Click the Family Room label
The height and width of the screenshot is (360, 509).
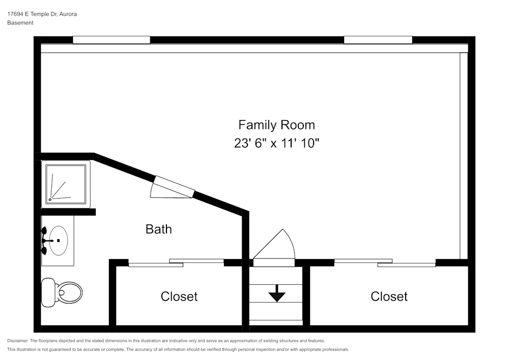pos(276,125)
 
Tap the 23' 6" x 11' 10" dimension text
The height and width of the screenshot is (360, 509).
pos(276,143)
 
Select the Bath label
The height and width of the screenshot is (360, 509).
pos(159,229)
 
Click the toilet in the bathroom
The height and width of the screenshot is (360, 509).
pos(62,292)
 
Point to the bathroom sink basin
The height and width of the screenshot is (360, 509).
pos(59,240)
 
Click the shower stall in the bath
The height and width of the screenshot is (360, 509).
pos(66,184)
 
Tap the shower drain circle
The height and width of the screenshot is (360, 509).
pos(50,200)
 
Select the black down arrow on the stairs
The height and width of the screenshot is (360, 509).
pos(276,293)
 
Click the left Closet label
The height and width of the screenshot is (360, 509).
pos(179,296)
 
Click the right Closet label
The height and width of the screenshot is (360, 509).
pos(389,296)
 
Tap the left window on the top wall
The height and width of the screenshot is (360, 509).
pos(111,40)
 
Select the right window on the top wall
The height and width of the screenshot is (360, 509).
pos(378,40)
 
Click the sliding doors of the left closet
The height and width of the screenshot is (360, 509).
pos(176,263)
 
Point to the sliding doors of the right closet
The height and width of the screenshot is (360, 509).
pos(385,263)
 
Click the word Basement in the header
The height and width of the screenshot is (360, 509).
pos(20,23)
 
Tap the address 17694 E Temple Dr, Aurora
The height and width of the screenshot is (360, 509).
pos(42,14)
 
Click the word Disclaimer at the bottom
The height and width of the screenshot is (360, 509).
pos(18,341)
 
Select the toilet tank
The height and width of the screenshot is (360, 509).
pos(48,292)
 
